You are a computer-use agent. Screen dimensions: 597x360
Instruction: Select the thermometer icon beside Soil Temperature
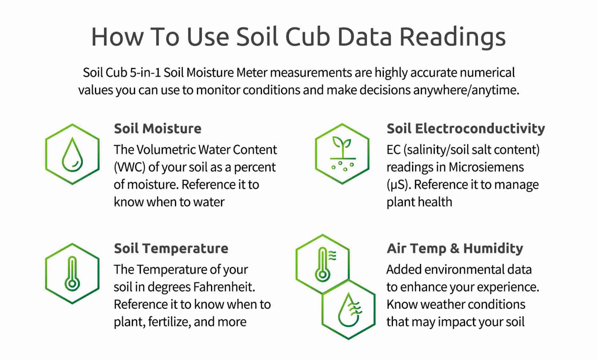pos(72,274)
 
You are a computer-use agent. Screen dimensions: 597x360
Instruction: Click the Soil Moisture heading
pos(158,129)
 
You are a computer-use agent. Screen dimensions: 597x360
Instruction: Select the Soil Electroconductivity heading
pos(466,129)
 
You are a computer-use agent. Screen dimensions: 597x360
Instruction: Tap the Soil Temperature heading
pos(171,248)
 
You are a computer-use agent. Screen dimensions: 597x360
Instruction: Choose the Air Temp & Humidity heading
pos(455,248)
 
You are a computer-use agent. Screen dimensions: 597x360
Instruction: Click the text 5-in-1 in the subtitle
pos(145,72)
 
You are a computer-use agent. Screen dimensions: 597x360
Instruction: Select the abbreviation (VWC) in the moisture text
pos(130,167)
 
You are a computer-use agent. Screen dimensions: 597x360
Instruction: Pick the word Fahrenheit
pos(224,287)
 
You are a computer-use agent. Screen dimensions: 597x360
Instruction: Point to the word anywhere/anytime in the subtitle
pos(466,90)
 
